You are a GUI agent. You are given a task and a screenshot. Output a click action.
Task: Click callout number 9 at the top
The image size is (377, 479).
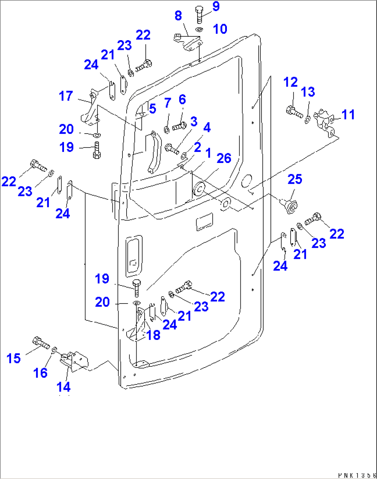tap(216, 6)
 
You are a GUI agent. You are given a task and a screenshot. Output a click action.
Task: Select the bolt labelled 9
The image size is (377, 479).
tap(199, 15)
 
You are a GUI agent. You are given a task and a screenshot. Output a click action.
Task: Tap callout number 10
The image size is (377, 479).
tap(220, 29)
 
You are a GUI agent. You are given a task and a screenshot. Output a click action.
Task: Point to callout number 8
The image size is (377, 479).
tap(178, 16)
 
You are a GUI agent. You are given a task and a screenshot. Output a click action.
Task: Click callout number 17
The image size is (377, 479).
tap(66, 96)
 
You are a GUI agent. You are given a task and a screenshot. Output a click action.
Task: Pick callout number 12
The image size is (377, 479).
tap(291, 82)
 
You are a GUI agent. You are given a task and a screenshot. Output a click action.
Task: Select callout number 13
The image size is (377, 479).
tap(308, 92)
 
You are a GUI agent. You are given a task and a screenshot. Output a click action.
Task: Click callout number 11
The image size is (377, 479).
tap(348, 115)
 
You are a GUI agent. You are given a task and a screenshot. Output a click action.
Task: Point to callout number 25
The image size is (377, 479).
tap(295, 179)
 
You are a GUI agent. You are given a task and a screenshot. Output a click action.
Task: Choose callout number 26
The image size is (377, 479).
tap(224, 158)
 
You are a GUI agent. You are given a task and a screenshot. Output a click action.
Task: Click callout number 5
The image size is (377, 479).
tap(153, 109)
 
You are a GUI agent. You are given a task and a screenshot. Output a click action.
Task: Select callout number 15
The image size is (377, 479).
tap(13, 358)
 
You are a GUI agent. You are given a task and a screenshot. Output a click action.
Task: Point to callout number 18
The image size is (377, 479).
tap(153, 335)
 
